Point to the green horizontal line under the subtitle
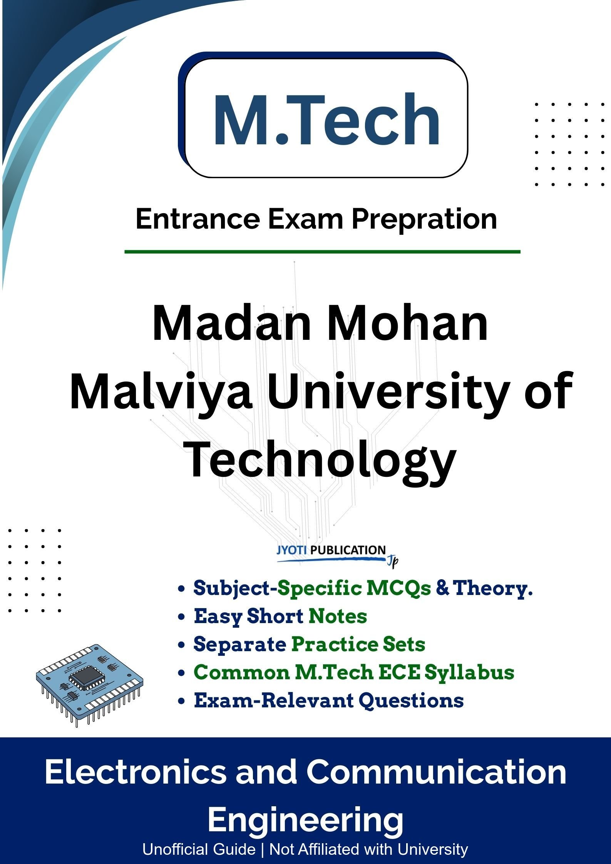click(323, 252)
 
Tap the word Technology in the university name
click(320, 460)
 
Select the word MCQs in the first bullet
click(399, 588)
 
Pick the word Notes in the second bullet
click(338, 616)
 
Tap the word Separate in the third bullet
click(239, 644)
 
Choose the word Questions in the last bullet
click(411, 701)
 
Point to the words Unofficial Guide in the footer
click(199, 849)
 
